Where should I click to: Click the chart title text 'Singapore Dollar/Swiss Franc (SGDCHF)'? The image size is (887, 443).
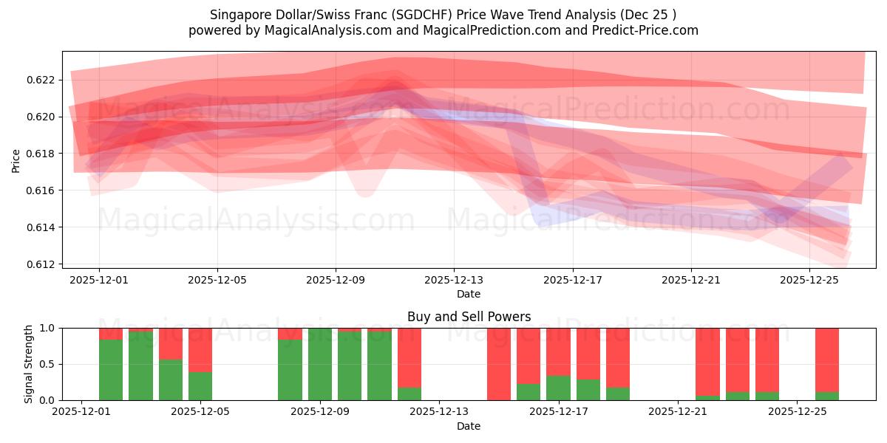[325, 15]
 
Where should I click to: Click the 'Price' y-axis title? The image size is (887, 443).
[16, 160]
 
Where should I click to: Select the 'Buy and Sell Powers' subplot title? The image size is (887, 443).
[469, 317]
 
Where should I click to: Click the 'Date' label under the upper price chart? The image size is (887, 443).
[469, 294]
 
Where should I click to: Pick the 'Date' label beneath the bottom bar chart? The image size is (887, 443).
[469, 426]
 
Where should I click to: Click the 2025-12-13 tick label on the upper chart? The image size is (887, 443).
[454, 280]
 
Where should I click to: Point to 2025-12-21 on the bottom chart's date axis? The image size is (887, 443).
[678, 412]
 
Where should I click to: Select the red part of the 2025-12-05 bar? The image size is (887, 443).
[200, 349]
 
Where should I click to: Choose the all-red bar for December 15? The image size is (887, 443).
[499, 364]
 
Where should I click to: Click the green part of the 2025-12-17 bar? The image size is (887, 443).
[558, 388]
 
